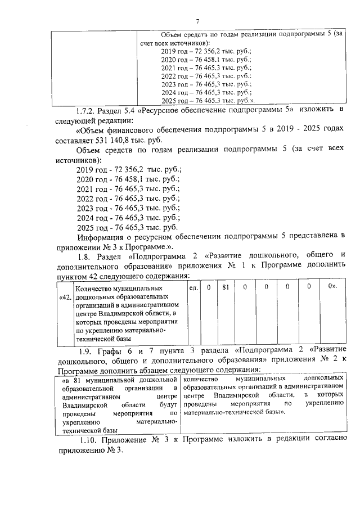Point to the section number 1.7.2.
click(88, 108)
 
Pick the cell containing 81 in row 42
click(224, 287)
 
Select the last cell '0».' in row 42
click(331, 287)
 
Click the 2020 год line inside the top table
click(205, 59)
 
